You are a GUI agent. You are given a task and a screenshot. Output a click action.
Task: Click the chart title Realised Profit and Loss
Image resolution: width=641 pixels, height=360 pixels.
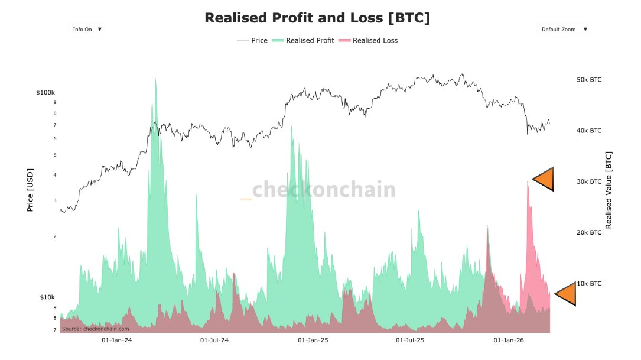coord(317,18)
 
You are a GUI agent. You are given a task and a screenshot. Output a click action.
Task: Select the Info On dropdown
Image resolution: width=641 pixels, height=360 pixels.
coord(87,29)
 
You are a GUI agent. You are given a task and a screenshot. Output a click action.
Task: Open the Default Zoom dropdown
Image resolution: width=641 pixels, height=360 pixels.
coord(564,29)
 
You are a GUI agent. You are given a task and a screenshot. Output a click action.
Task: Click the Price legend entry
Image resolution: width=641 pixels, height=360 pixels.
coord(252,40)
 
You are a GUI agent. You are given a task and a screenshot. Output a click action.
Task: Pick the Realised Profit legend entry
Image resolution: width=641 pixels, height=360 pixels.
coord(304,40)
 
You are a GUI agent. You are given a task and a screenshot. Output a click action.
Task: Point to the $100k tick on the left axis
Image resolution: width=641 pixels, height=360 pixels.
coord(45,93)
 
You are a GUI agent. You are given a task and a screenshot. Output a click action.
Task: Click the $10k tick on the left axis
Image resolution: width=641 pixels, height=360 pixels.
coord(47,297)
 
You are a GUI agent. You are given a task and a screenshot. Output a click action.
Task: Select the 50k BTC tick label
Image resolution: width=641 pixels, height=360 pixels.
coord(588,79)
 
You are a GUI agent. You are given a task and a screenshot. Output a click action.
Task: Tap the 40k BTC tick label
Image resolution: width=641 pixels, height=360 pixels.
coord(588,131)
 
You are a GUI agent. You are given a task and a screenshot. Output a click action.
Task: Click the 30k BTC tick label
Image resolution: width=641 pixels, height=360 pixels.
coord(588,181)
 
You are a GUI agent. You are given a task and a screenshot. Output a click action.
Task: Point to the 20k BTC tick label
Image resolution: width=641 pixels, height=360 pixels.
coord(588,232)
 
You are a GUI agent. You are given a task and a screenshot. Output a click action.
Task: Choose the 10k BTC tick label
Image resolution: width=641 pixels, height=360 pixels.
coord(588,283)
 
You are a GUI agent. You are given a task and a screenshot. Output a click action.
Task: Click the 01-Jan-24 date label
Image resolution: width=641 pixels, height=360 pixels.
coord(117,340)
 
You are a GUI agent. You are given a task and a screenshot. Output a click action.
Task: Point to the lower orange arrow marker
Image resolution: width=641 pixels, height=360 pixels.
coord(567,293)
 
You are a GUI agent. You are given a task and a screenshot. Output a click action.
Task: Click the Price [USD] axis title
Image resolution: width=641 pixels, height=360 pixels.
coord(30,189)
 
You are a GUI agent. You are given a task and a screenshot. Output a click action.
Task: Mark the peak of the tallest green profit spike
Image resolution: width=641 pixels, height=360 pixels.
coord(155,79)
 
